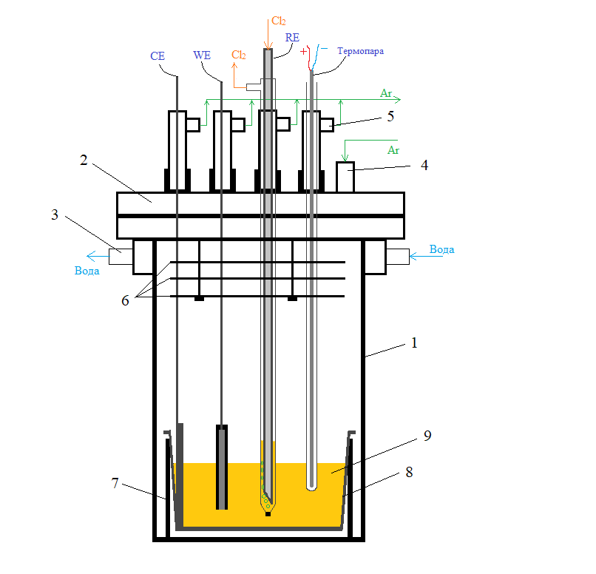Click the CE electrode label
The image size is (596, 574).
[158, 56]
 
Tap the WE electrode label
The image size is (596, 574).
[202, 55]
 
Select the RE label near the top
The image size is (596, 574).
[292, 38]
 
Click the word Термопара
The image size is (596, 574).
[360, 51]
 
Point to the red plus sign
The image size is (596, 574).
[303, 51]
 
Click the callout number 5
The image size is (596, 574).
[390, 116]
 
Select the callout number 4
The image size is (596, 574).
[424, 165]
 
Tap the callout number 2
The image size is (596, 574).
[84, 160]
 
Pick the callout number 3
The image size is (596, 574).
[55, 215]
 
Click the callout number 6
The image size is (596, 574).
[126, 301]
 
